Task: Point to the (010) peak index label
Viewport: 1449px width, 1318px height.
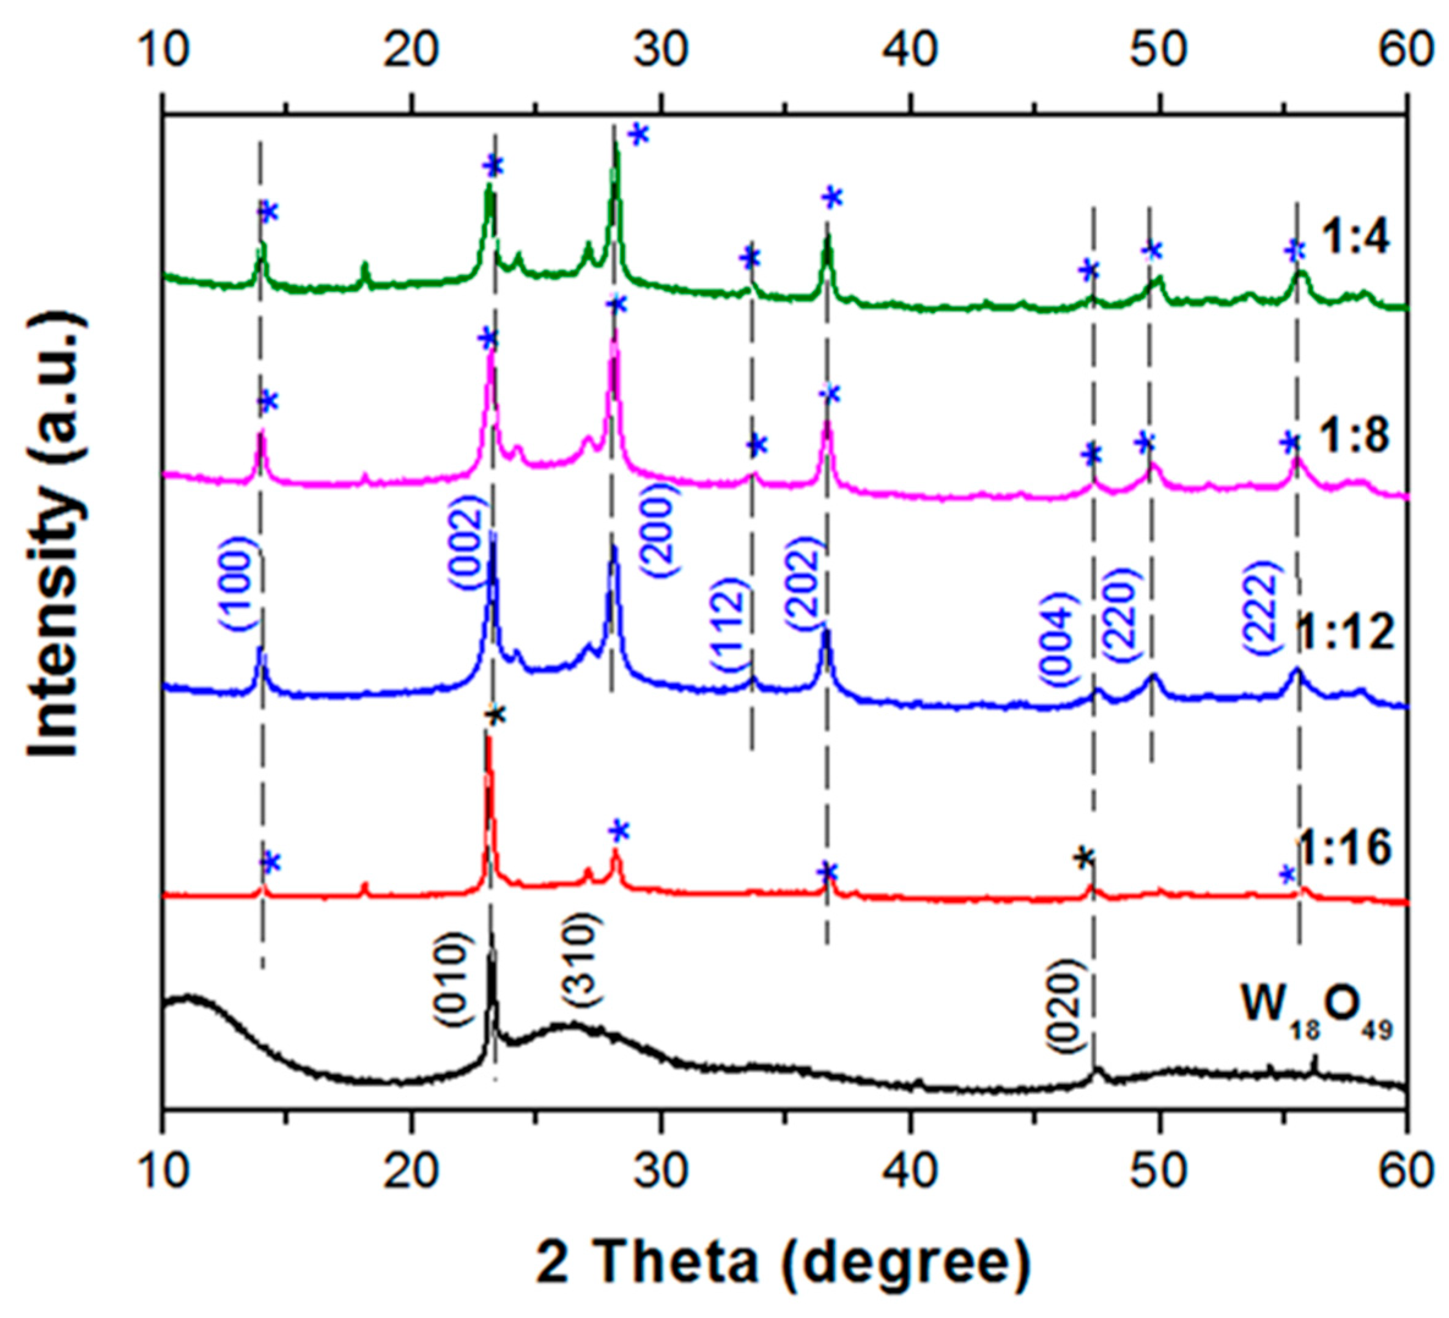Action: (x=454, y=979)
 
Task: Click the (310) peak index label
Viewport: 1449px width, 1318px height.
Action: (x=580, y=959)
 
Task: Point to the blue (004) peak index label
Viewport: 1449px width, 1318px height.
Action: (x=1058, y=639)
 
